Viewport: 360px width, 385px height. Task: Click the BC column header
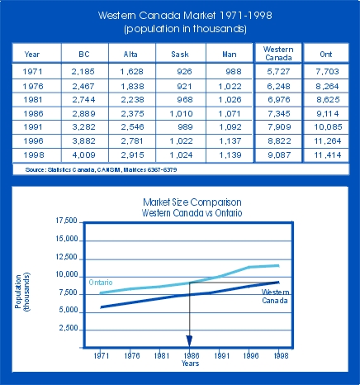tap(84, 54)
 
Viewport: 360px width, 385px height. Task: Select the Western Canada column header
tap(278, 54)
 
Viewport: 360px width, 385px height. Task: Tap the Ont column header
tap(326, 54)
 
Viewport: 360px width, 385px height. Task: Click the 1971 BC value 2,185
tap(83, 72)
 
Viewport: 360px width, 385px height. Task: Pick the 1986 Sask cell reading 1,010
tap(181, 113)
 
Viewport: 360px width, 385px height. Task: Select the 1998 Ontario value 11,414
tap(328, 154)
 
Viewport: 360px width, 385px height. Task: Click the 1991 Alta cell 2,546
tap(132, 126)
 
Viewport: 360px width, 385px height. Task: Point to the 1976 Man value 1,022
tap(230, 87)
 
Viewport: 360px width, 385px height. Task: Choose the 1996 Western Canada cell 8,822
tap(279, 141)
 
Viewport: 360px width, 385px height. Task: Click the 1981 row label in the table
tap(33, 100)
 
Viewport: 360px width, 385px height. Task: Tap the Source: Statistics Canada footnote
tap(101, 169)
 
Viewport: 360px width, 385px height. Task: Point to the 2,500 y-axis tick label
tap(69, 328)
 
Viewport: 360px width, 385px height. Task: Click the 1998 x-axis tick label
tap(281, 355)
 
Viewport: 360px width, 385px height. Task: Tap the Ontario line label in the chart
tap(101, 283)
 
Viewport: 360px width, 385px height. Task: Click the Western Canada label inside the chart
tap(275, 296)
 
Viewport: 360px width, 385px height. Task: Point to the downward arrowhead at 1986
tap(189, 341)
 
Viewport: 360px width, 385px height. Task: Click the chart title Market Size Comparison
tap(192, 202)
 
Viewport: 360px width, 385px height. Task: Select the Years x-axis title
tap(190, 364)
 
